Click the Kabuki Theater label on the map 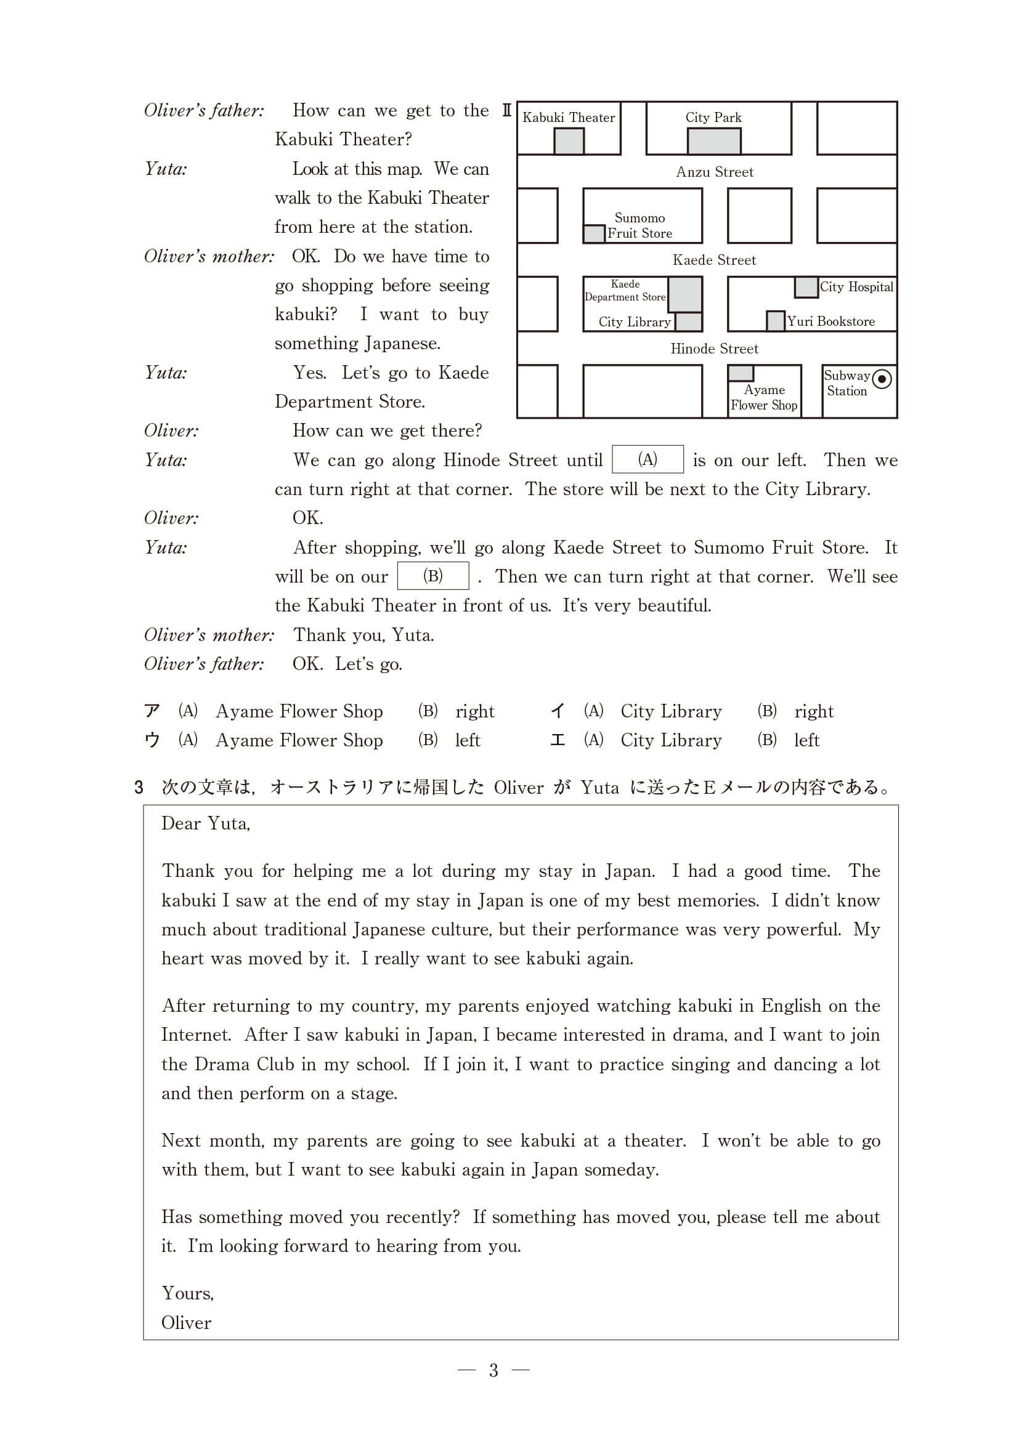pos(568,118)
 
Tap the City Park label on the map pos(713,118)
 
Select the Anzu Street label pos(715,172)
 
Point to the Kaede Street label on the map pos(714,260)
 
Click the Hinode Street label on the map pos(714,349)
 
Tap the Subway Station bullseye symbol pos(882,379)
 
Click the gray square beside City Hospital pos(806,288)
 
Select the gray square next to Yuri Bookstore pos(776,321)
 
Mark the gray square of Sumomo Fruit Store pos(594,234)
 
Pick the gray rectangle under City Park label pos(714,141)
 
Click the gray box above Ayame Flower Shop pos(741,373)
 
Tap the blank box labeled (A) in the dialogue pos(648,459)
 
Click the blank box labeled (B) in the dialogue pos(432,576)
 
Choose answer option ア pos(152,711)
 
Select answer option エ pos(557,741)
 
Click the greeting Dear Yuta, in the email pos(205,823)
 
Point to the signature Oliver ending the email pos(186,1322)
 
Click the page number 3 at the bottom pos(493,1371)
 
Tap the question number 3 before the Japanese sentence pos(139,788)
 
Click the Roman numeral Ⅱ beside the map pos(506,110)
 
